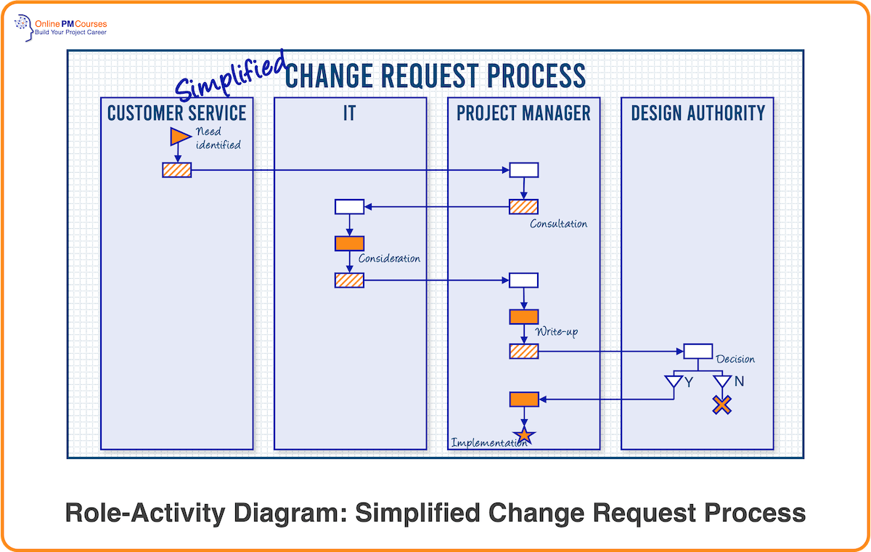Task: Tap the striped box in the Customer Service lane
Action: click(x=176, y=170)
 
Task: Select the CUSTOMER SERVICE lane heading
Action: click(x=176, y=113)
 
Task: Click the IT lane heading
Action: click(x=349, y=113)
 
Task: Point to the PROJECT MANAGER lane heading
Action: click(x=523, y=113)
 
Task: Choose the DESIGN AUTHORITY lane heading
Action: click(x=698, y=113)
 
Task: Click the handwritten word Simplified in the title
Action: click(x=231, y=76)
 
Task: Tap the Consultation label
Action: click(x=558, y=224)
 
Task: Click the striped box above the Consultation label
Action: click(x=523, y=206)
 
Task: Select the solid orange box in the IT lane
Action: click(x=349, y=243)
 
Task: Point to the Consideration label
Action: click(x=389, y=259)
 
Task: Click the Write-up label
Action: click(x=557, y=332)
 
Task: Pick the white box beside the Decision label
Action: click(x=698, y=351)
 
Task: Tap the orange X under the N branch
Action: click(x=721, y=405)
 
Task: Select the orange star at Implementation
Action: click(x=524, y=436)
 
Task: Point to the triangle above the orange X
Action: click(x=721, y=381)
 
